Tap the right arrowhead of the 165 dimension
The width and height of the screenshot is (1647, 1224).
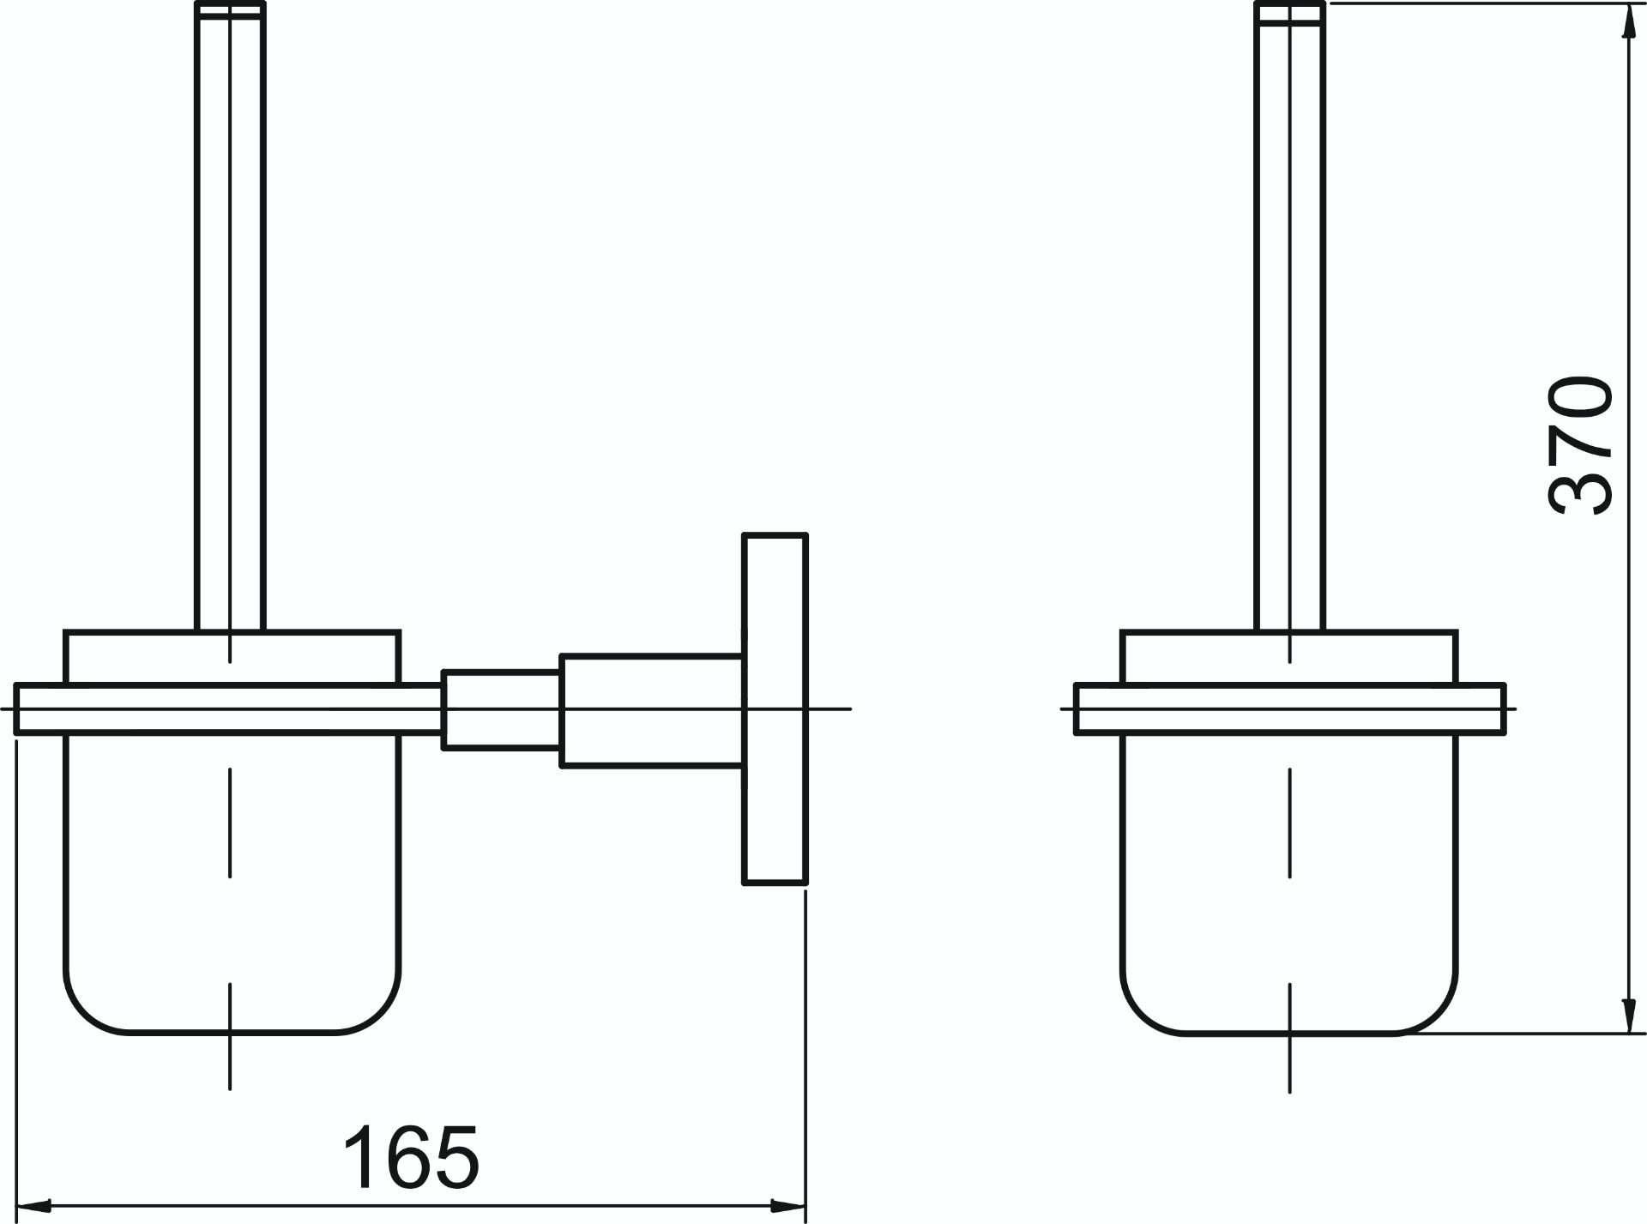(x=788, y=1205)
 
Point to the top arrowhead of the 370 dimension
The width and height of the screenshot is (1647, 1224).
(x=1626, y=21)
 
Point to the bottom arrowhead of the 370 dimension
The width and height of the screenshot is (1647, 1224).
(x=1626, y=1015)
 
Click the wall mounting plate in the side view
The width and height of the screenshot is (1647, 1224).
(x=775, y=708)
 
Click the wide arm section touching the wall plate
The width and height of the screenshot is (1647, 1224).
(x=652, y=710)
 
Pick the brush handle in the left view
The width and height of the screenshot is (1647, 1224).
(x=231, y=317)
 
